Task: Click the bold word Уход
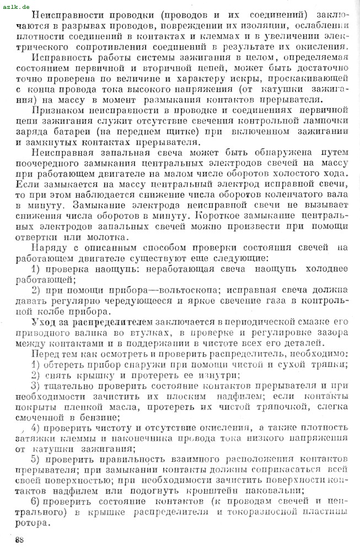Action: pos(44,321)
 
